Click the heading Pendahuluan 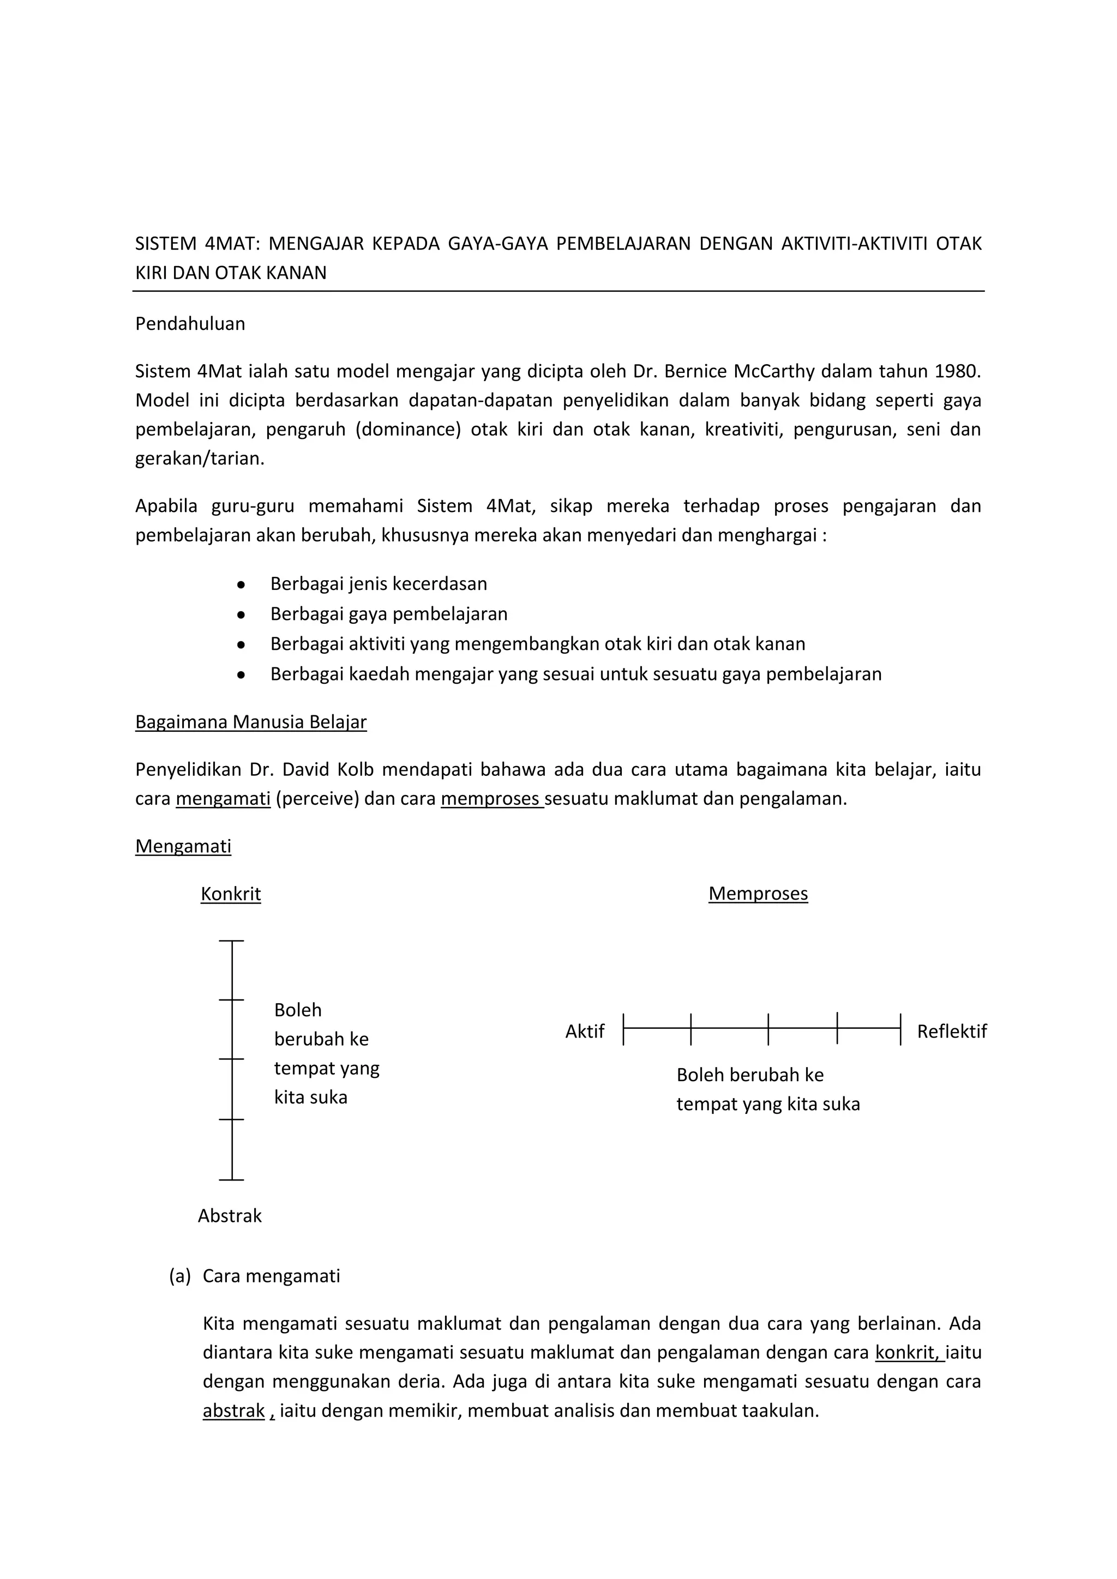click(190, 324)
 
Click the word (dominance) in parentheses click(408, 430)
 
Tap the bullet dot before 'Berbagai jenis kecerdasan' click(241, 584)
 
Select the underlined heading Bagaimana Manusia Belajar click(250, 722)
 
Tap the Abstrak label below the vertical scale click(230, 1216)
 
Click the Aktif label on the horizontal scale click(585, 1032)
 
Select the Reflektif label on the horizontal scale click(951, 1032)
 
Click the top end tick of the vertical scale click(232, 940)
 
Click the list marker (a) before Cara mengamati click(179, 1276)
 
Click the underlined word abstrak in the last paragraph click(233, 1411)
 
